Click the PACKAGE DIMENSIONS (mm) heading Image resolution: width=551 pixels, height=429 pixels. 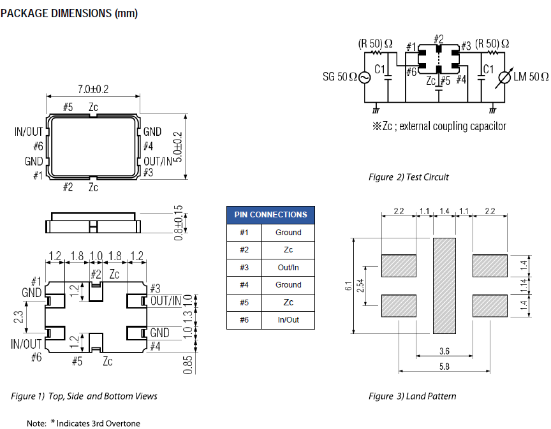click(x=69, y=13)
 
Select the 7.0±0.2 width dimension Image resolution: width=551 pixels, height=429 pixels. click(x=93, y=90)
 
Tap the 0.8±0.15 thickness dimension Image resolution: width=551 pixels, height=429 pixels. click(x=179, y=222)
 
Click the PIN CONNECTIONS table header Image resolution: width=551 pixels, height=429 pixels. click(x=270, y=215)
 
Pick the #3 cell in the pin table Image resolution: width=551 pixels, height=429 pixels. click(x=244, y=268)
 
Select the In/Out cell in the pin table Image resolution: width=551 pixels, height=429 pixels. click(x=288, y=320)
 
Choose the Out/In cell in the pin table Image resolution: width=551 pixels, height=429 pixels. click(x=288, y=268)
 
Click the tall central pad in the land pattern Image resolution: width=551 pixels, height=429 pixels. click(x=445, y=285)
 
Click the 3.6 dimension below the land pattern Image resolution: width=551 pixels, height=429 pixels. click(x=444, y=351)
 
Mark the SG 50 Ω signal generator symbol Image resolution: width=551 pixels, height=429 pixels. click(x=364, y=77)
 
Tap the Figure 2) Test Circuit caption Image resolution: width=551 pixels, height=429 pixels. click(x=409, y=177)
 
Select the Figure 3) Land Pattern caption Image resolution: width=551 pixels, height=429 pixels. click(x=412, y=396)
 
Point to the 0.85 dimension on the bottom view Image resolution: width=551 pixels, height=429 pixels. click(x=188, y=364)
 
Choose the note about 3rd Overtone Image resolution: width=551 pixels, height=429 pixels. click(x=83, y=423)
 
